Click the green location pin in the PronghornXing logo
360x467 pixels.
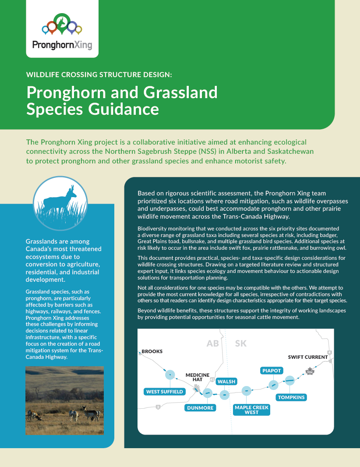pos(62,23)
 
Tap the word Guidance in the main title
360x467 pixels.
pos(124,109)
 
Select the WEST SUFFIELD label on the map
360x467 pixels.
pos(164,392)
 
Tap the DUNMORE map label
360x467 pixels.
pos(200,408)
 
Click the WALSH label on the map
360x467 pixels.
pos(226,382)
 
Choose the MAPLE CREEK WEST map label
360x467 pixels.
pos(251,410)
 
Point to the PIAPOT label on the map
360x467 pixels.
pos(272,371)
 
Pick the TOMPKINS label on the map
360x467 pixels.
pos(291,397)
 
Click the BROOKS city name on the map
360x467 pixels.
pos(152,351)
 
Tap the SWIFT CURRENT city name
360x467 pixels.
pos(307,357)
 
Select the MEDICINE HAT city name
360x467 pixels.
pos(198,377)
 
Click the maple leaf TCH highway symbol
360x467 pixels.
pos(310,371)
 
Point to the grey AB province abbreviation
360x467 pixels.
pos(212,343)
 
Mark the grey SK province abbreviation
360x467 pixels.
pos(240,343)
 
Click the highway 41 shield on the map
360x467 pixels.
pos(212,379)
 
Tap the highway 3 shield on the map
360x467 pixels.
pos(158,407)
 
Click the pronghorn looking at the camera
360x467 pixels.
pos(92,414)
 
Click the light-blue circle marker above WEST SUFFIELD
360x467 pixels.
pos(170,375)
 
